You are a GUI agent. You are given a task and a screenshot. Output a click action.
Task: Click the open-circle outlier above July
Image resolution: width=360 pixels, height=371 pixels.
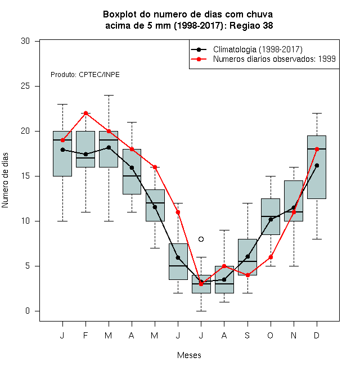[201, 239]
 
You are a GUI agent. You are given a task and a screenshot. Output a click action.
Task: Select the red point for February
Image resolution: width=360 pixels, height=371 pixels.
[85, 113]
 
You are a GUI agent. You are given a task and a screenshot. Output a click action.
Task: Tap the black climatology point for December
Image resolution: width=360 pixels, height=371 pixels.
[317, 165]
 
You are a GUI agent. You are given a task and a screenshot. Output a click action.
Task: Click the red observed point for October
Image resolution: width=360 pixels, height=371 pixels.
[271, 257]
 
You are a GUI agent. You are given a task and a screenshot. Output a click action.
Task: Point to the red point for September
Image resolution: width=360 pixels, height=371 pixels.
[247, 275]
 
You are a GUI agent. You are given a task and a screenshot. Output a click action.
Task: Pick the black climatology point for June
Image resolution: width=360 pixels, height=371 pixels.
[178, 257]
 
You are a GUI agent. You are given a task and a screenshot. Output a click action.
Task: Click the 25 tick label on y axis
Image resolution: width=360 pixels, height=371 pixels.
[25, 86]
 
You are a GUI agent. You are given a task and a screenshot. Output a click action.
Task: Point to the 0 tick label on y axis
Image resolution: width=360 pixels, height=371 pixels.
[28, 311]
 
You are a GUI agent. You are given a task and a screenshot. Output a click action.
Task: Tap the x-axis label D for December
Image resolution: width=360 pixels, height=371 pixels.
[317, 335]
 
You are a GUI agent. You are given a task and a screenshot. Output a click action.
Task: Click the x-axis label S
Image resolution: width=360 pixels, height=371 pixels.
[247, 335]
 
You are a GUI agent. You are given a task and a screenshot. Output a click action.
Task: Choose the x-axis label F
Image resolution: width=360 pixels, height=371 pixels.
[85, 335]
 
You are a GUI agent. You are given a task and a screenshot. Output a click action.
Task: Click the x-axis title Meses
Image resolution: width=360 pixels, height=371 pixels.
[189, 355]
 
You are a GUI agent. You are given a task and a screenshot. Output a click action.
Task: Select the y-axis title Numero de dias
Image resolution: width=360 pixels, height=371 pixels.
[5, 180]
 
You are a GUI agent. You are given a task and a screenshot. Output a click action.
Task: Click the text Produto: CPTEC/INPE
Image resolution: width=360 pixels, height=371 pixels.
[85, 75]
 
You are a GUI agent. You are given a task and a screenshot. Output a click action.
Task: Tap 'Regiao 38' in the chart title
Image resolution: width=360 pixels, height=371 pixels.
[251, 25]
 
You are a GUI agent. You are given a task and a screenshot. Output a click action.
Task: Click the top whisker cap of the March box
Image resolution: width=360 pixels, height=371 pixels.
[109, 96]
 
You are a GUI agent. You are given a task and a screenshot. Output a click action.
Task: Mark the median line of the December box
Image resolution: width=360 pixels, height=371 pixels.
[317, 149]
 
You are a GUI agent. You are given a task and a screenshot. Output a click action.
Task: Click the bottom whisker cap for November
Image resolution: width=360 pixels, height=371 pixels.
[294, 266]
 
